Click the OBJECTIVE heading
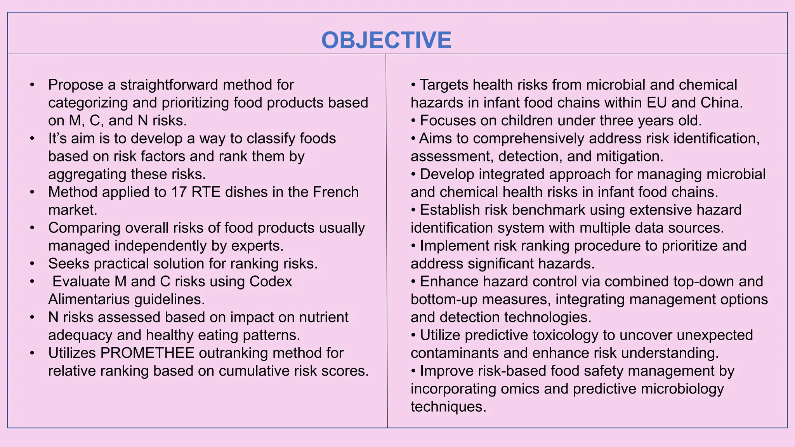(x=386, y=40)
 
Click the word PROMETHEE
(x=147, y=353)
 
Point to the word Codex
(x=271, y=281)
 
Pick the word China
(x=721, y=103)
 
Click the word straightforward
(x=168, y=85)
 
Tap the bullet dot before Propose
(x=32, y=85)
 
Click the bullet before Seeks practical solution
(x=32, y=263)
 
